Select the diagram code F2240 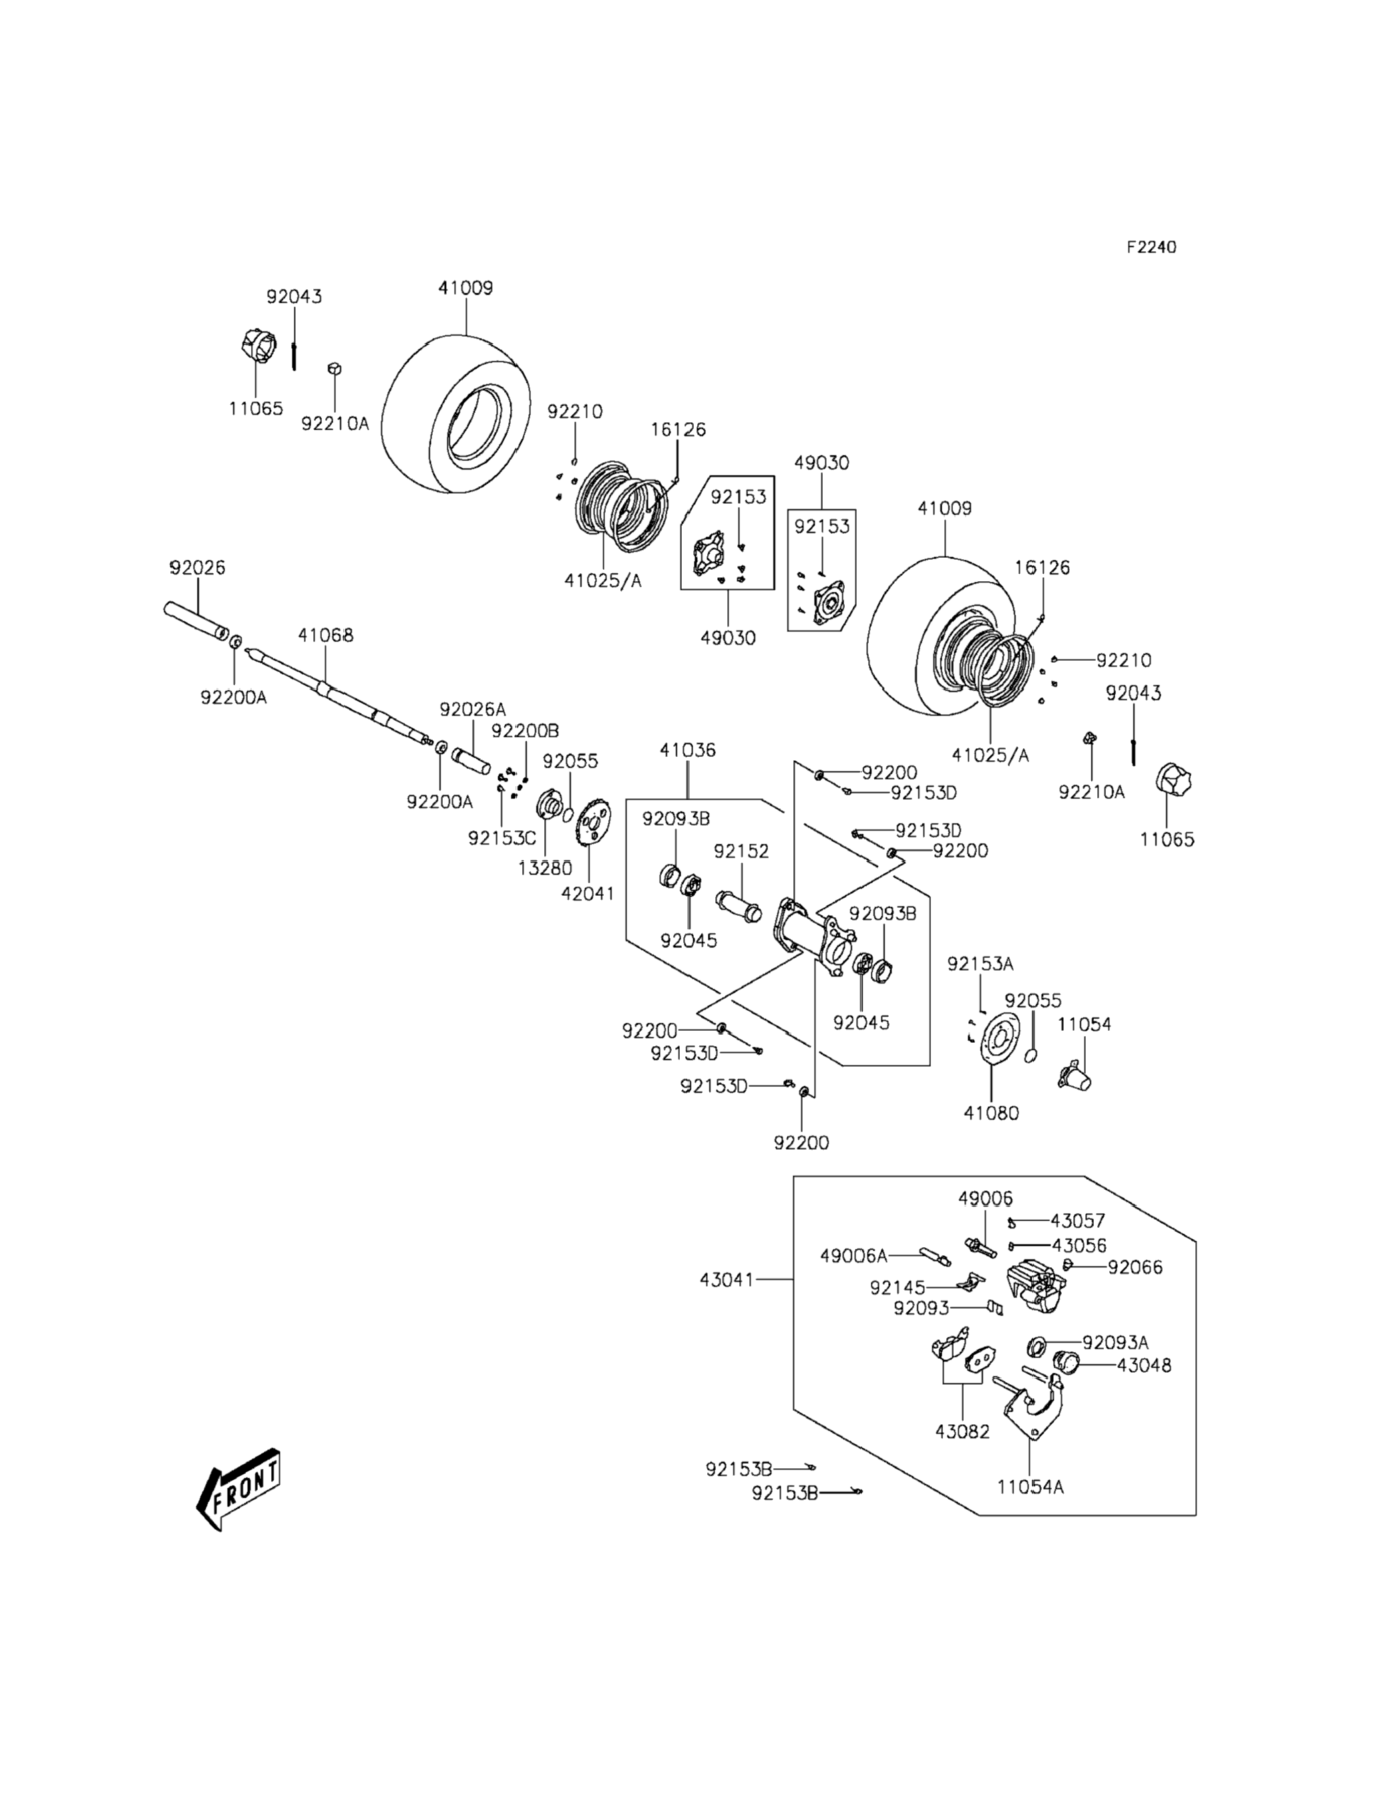[x=1151, y=247]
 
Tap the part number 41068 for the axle [x=325, y=635]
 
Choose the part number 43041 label [x=726, y=1279]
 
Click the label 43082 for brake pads [x=962, y=1432]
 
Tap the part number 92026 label [x=197, y=567]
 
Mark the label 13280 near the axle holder [x=544, y=868]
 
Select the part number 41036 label [x=687, y=750]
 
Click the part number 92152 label [x=741, y=851]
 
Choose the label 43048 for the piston [x=1143, y=1365]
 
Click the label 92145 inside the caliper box [x=898, y=1288]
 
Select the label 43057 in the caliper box [x=1078, y=1221]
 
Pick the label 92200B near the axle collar [x=525, y=731]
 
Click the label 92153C [x=502, y=838]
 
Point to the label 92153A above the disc [x=980, y=964]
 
